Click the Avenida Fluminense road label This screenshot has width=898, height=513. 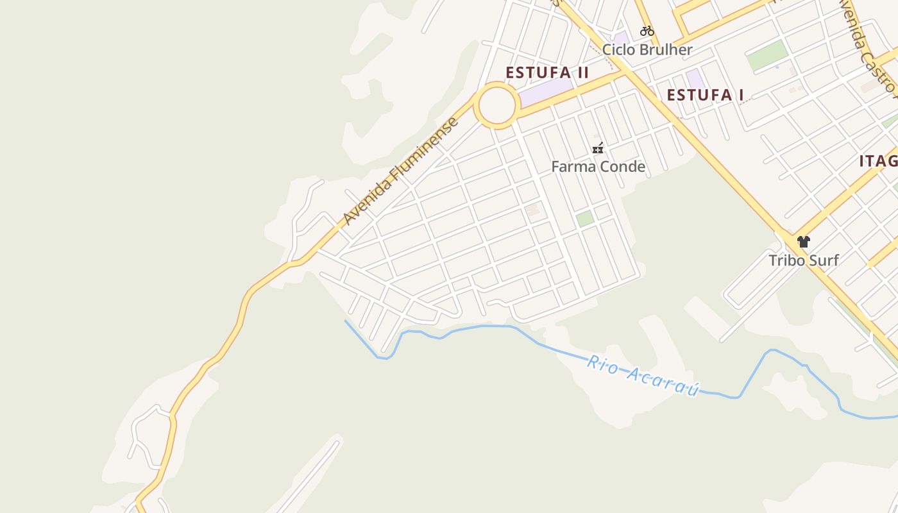pos(402,171)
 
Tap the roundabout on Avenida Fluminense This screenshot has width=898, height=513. pos(496,106)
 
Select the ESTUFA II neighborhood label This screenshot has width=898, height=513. pos(547,72)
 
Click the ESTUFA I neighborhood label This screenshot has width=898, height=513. pos(705,96)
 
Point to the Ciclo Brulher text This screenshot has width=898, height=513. pos(647,50)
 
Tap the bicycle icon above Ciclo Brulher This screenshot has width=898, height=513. pos(647,31)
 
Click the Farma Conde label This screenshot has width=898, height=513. pos(598,167)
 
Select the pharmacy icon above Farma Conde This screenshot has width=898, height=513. pos(598,149)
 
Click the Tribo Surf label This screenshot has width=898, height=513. pos(804,260)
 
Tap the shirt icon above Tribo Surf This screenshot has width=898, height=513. pos(804,242)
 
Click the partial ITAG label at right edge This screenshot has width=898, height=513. pos(878,161)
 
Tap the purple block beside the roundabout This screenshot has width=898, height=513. pos(544,93)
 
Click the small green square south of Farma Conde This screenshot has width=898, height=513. pos(584,218)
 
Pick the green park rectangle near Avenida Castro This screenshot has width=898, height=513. pos(767,56)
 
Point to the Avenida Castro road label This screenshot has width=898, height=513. pos(866,45)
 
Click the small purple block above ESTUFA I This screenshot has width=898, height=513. pos(695,78)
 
